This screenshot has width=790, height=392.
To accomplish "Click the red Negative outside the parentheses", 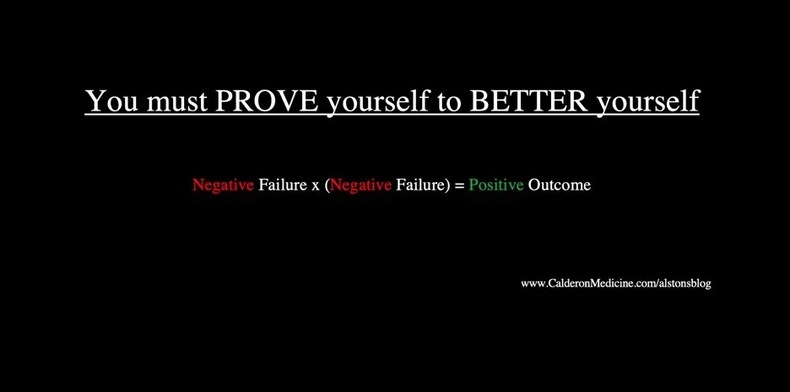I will [223, 185].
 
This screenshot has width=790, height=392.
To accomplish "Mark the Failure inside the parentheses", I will [419, 185].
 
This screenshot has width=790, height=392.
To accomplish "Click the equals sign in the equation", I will [460, 185].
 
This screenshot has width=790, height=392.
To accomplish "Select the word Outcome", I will [560, 185].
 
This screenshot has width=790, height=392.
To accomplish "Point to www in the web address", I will [533, 284].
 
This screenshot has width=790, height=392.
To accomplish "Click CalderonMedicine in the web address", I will [597, 284].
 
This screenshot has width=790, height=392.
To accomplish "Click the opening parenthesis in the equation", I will [327, 185].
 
